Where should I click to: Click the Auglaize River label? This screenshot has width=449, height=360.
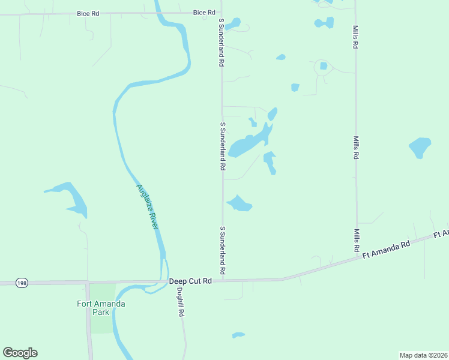click(147, 206)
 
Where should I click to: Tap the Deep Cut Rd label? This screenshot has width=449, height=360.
click(190, 281)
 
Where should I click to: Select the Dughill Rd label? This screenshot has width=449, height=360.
click(179, 303)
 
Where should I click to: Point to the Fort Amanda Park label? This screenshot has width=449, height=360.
click(101, 308)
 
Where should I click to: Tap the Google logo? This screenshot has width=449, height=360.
click(20, 353)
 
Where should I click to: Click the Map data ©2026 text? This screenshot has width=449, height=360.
click(423, 355)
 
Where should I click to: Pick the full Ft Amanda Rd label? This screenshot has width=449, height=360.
click(385, 250)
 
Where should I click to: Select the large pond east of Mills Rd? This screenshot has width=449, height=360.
click(420, 147)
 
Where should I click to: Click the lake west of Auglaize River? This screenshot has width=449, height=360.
click(71, 198)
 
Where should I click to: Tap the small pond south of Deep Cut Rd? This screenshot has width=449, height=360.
click(238, 335)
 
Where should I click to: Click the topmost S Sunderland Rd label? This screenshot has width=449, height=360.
click(221, 41)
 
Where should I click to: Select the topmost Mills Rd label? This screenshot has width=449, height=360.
click(355, 37)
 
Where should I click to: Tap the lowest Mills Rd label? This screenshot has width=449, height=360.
click(356, 240)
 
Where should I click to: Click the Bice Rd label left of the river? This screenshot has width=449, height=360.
click(88, 13)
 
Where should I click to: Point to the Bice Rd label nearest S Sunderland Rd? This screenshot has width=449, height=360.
click(204, 13)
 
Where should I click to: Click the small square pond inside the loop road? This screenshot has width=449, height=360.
click(324, 66)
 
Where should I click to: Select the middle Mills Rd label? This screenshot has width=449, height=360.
click(356, 147)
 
